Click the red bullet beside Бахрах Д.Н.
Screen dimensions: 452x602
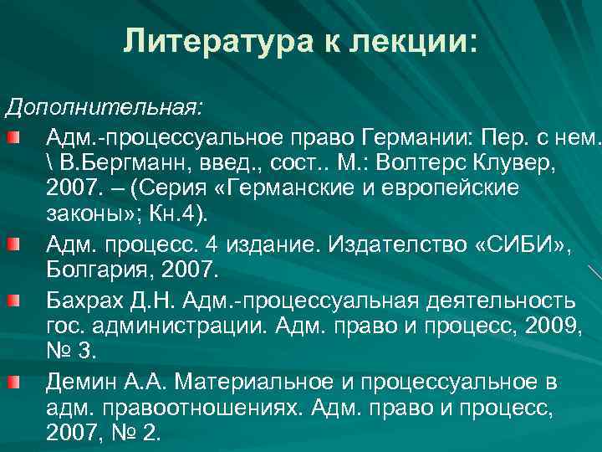coord(33,300)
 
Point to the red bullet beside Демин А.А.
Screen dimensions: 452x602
coord(33,383)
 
